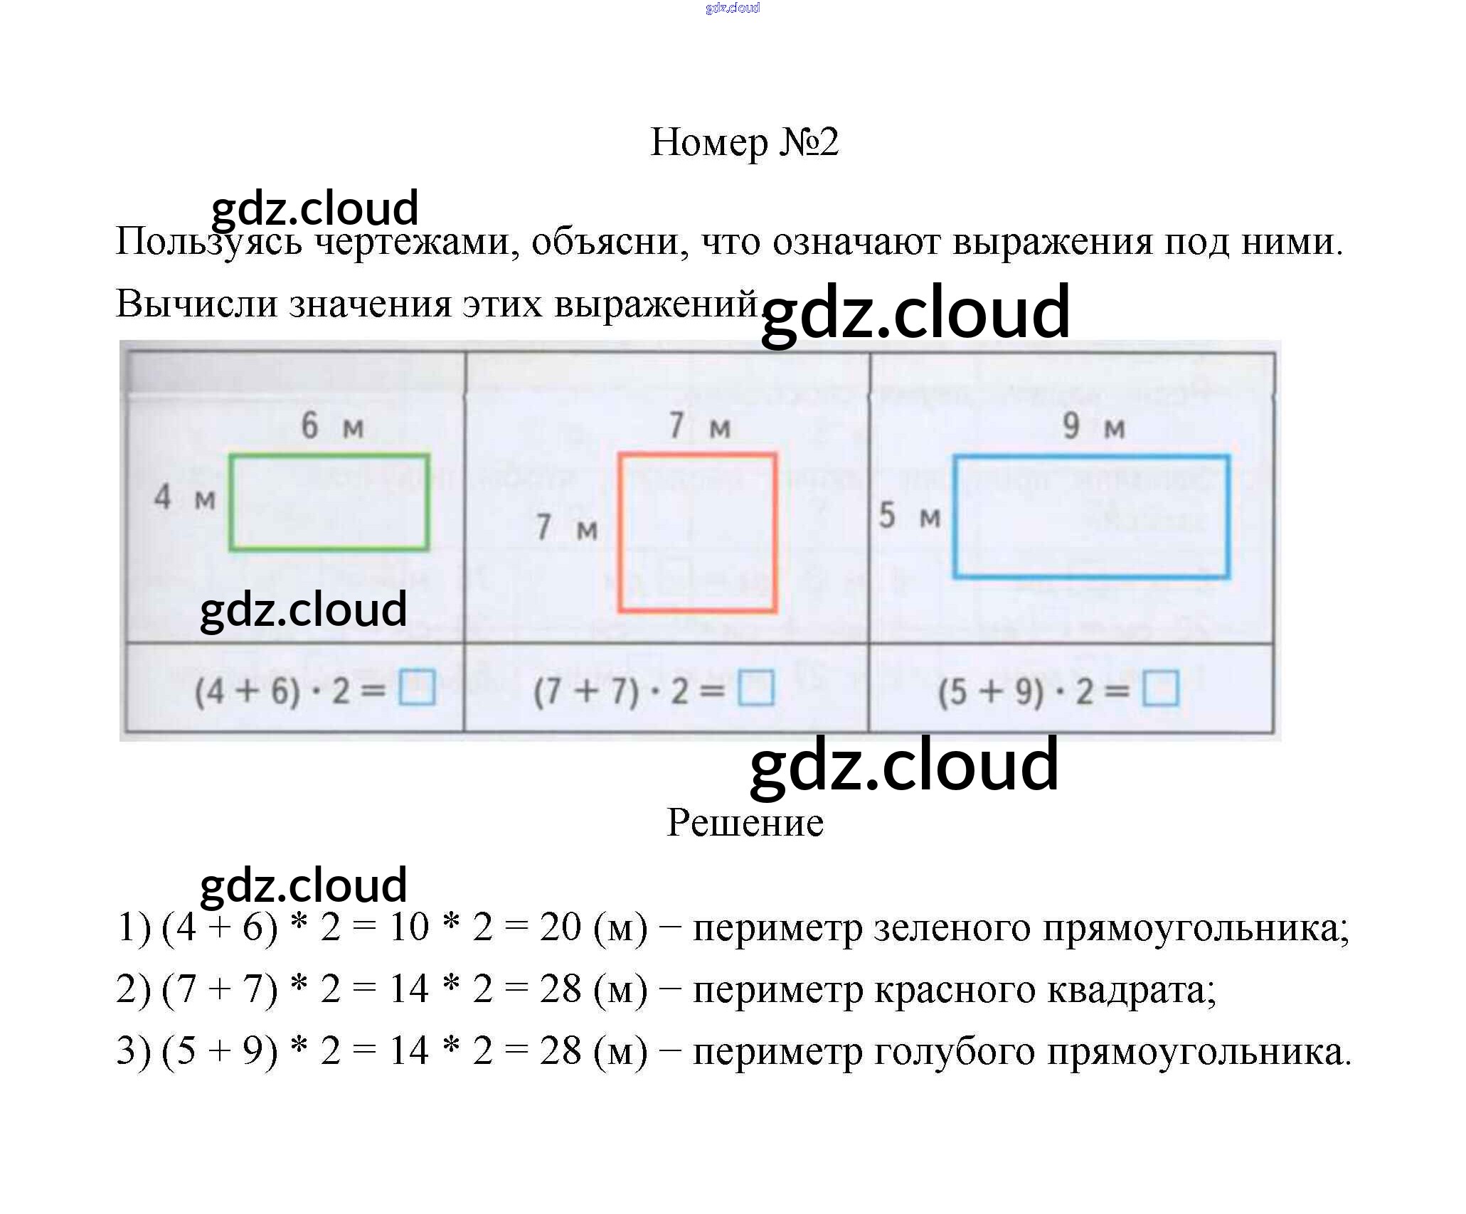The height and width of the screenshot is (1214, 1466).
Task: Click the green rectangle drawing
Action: click(x=329, y=502)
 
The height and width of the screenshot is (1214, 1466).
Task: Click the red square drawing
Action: click(x=697, y=532)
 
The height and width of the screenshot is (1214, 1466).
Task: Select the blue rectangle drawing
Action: click(x=1091, y=516)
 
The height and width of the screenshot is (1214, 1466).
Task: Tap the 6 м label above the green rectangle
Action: click(x=331, y=426)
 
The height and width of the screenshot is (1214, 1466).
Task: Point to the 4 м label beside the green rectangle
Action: click(x=184, y=497)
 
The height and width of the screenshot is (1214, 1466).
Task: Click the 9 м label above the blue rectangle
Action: click(x=1093, y=427)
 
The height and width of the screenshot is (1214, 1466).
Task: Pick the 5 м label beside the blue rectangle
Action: click(x=909, y=516)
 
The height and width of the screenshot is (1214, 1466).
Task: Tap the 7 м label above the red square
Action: click(x=699, y=427)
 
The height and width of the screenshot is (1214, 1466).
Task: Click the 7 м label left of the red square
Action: click(x=566, y=528)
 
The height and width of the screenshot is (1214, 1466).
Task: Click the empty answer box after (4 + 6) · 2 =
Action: click(x=417, y=688)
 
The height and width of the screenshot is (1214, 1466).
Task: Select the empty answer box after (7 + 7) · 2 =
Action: click(x=755, y=688)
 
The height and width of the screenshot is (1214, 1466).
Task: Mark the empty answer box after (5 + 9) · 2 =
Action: click(x=1160, y=689)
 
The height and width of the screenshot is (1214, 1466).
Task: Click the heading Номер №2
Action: click(x=744, y=142)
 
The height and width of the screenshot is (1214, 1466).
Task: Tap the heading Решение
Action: click(x=745, y=823)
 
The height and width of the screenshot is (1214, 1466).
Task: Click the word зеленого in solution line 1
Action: click(x=951, y=928)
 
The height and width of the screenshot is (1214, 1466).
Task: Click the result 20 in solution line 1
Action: click(x=560, y=927)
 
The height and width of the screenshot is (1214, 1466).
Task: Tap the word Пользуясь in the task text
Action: click(x=208, y=242)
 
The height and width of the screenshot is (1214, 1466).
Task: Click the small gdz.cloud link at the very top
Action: click(x=732, y=8)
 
